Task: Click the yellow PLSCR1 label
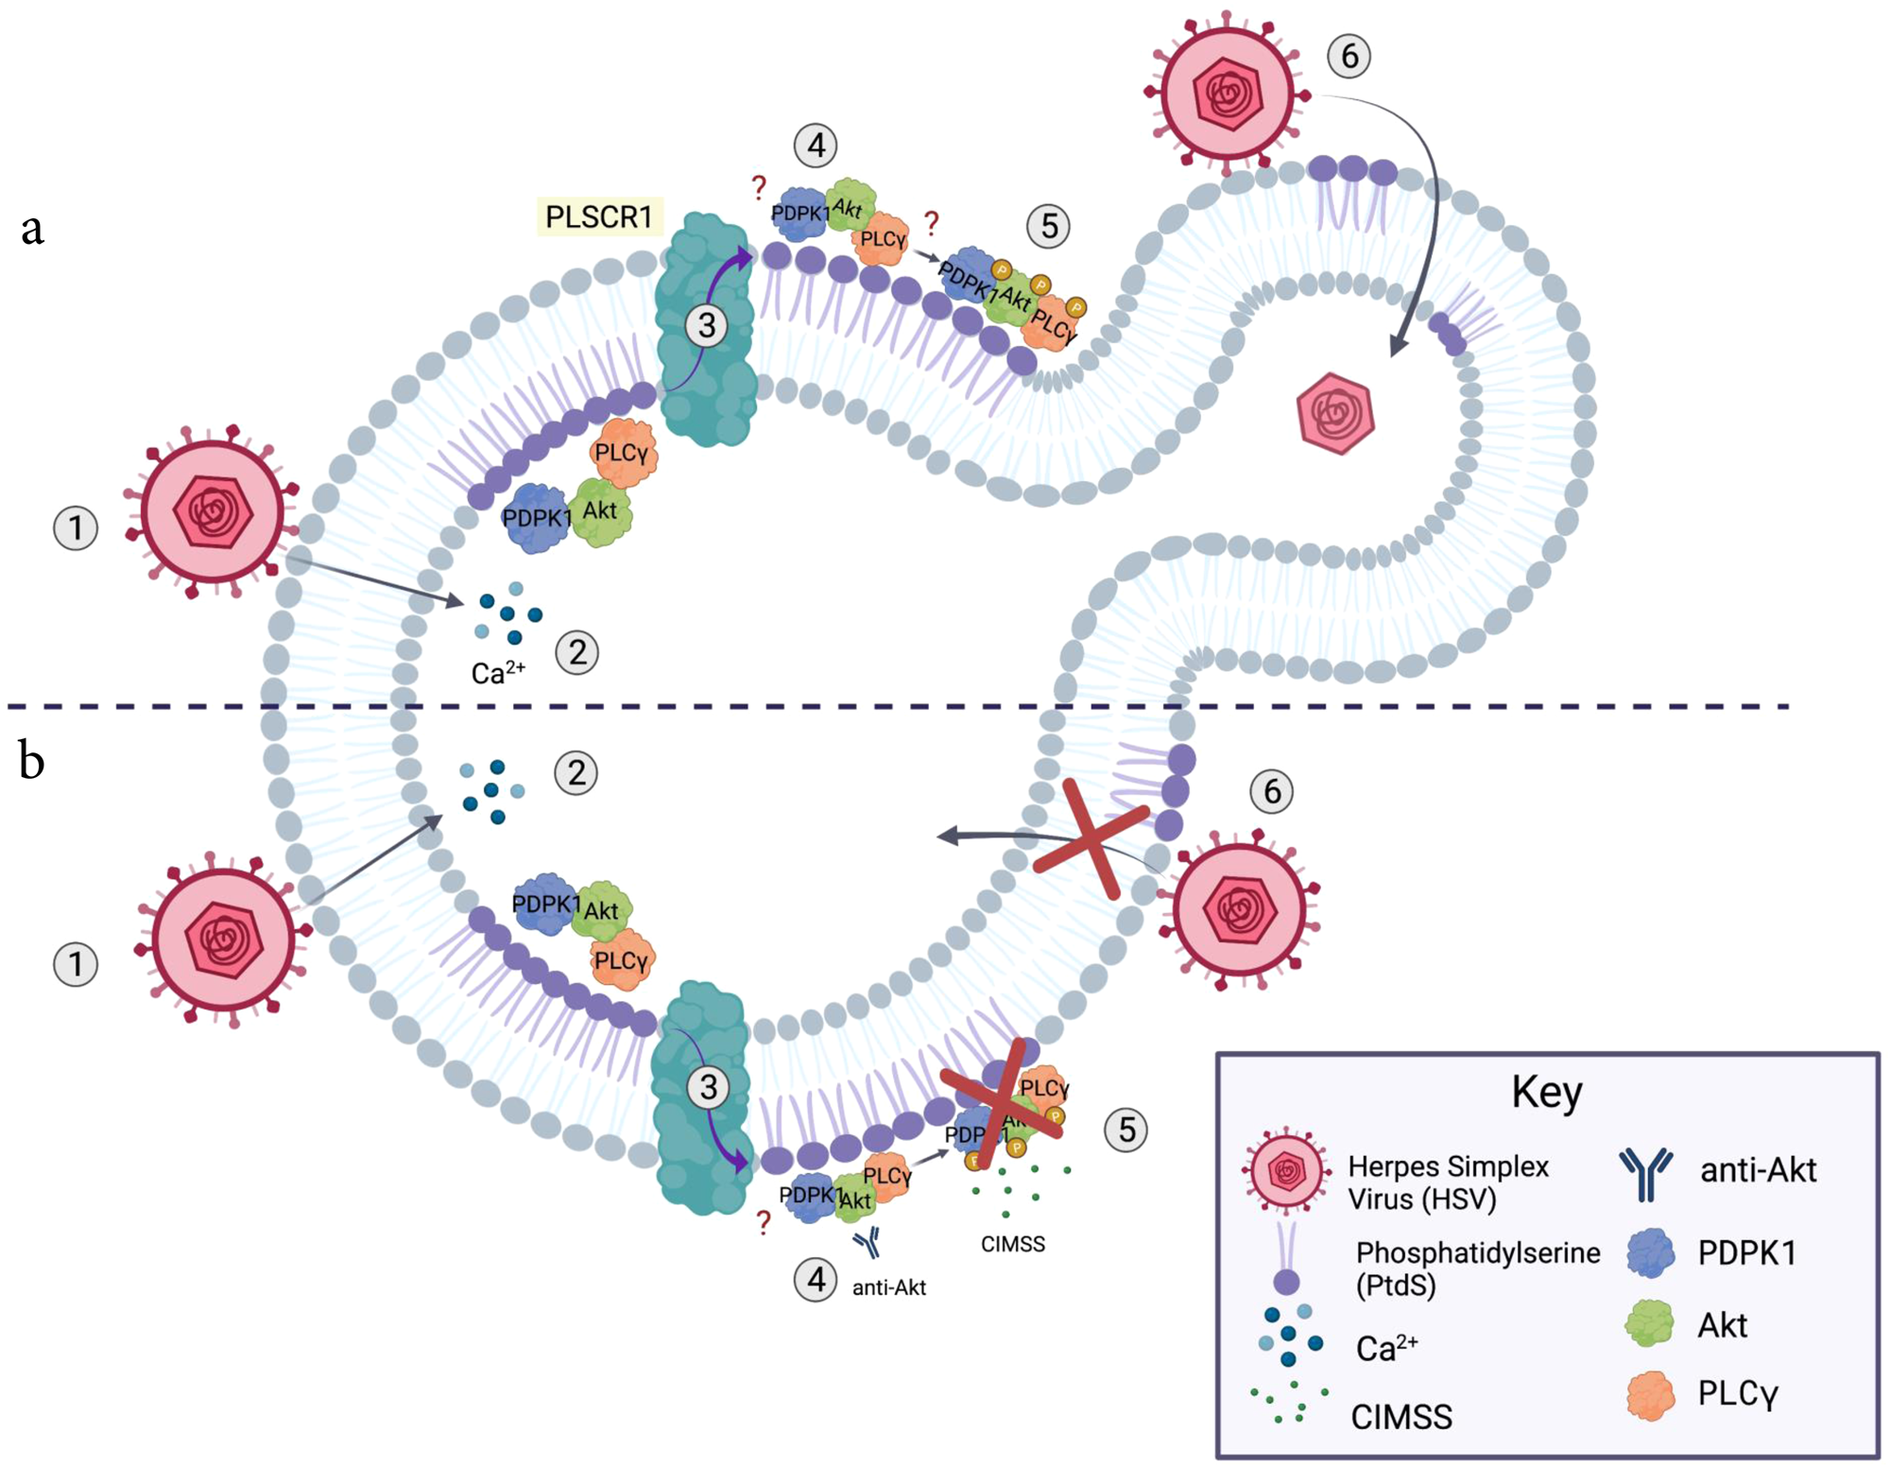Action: click(599, 216)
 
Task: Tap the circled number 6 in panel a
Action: click(1349, 56)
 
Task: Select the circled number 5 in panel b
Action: click(1126, 1130)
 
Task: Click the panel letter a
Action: click(32, 228)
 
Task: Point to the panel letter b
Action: click(31, 761)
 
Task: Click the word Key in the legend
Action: click(1546, 1092)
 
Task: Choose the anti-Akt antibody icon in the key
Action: click(1646, 1173)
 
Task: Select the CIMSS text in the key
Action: click(1401, 1416)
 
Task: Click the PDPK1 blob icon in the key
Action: click(1651, 1253)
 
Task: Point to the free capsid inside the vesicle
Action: click(1335, 413)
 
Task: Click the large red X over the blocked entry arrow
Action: click(1091, 838)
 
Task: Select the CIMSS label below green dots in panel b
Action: click(1013, 1244)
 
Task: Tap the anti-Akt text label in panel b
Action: click(888, 1287)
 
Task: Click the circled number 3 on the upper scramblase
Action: click(707, 325)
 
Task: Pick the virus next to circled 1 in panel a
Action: click(214, 512)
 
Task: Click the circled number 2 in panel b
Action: click(576, 773)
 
